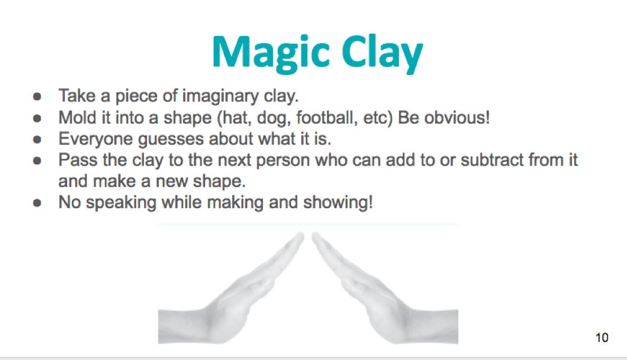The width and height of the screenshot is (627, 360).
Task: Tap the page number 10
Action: [x=602, y=337]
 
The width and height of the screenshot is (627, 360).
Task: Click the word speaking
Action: [x=121, y=202]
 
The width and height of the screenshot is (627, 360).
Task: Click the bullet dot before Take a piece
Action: [x=38, y=96]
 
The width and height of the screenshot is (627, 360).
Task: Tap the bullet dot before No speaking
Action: [x=38, y=203]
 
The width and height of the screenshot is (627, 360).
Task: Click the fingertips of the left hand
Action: [x=298, y=238]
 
